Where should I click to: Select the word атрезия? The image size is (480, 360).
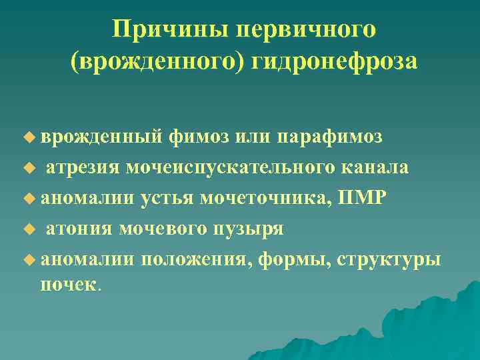(83, 167)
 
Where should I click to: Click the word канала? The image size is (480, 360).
(383, 167)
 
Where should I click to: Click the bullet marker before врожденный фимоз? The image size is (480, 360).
(27, 137)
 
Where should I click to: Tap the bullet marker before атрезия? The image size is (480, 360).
(27, 168)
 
